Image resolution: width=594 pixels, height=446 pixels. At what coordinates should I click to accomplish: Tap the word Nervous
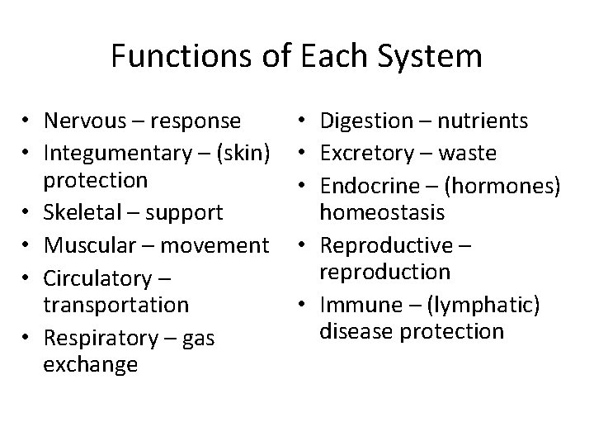tap(86, 121)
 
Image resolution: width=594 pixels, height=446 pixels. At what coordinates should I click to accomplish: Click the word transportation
tap(115, 304)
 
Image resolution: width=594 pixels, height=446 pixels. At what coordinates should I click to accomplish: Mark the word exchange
tap(91, 364)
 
